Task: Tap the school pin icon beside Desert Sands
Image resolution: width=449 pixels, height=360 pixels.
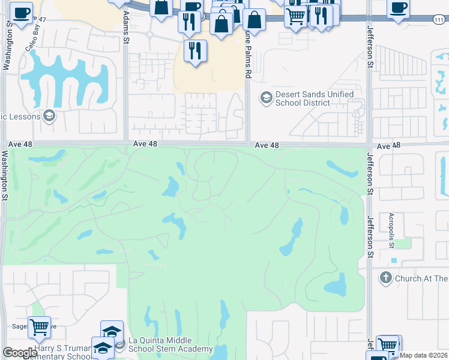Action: coord(265,96)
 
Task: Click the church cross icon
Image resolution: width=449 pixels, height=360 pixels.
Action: coord(385,278)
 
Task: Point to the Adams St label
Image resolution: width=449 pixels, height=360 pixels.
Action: coord(126,27)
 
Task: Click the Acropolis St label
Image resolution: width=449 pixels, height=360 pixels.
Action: coord(391,230)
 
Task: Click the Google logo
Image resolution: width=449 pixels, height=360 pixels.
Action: coord(20,353)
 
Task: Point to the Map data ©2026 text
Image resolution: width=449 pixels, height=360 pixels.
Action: coord(424,355)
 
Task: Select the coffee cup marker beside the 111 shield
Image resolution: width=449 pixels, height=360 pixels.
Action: coord(399,8)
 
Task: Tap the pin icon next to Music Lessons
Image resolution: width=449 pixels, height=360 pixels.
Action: coord(49,116)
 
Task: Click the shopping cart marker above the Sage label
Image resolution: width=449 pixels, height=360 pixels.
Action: coord(39,328)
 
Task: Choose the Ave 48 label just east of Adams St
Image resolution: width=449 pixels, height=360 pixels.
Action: coord(145,144)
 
